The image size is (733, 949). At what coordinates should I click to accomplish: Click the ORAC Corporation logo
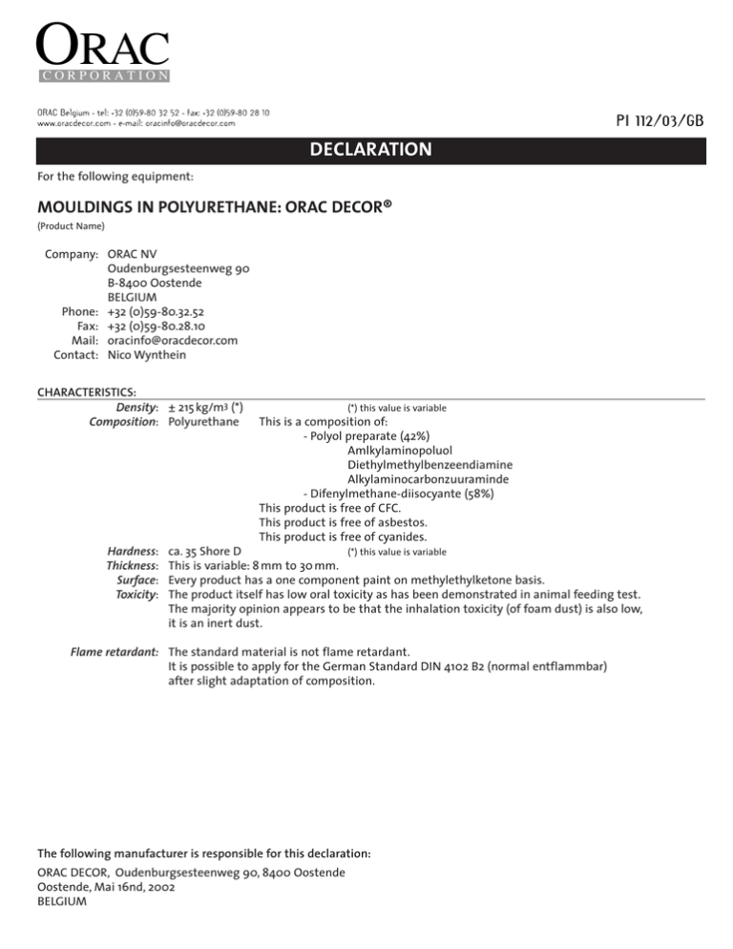click(x=102, y=53)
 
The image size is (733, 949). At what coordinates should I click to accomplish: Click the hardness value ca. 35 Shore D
click(x=204, y=551)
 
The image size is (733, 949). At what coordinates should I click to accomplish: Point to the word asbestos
click(x=405, y=522)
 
